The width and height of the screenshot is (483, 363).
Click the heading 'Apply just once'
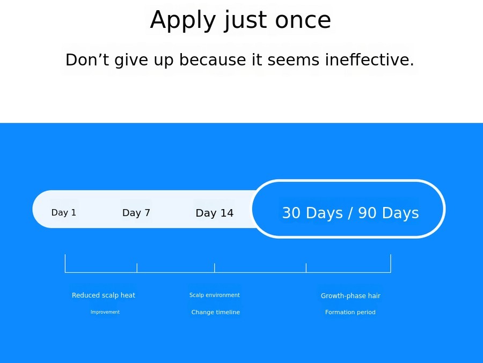point(240,20)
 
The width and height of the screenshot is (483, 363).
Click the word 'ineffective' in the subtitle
point(368,60)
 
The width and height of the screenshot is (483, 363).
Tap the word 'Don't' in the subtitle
point(87,60)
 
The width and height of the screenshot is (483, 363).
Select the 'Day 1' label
point(64,212)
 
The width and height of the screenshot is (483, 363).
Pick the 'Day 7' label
point(136,213)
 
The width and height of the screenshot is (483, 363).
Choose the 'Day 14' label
point(215,213)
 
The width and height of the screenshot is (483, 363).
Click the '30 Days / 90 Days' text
point(350,213)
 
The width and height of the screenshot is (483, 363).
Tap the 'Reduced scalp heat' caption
point(104,295)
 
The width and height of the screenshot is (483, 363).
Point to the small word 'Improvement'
point(105,312)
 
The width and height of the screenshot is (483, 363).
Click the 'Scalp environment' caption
point(215,295)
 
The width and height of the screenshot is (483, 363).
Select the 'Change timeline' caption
point(216,312)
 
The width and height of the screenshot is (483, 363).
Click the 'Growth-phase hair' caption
point(350,296)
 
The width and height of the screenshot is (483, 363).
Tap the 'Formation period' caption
point(350,312)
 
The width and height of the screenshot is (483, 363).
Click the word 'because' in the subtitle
point(213,60)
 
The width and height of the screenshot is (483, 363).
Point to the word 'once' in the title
point(303,20)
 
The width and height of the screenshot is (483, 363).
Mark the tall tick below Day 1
point(65,263)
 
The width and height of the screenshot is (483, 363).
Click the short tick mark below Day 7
point(137,268)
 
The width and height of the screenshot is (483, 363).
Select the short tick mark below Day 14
point(214,268)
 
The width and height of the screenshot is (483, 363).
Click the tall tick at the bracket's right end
point(391,263)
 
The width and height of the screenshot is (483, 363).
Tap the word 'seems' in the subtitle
point(293,60)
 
